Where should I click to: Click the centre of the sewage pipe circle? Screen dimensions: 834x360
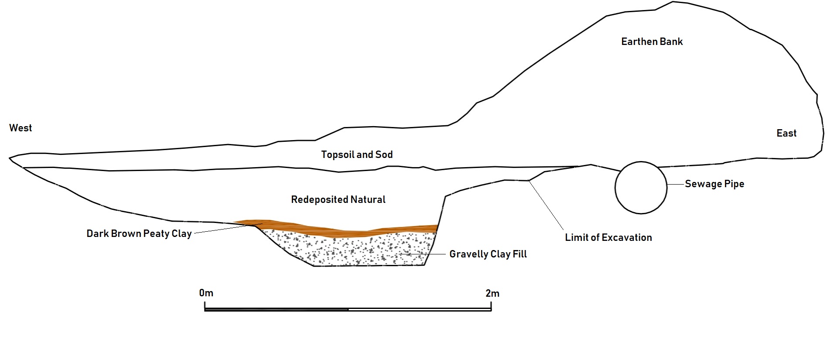tap(641, 188)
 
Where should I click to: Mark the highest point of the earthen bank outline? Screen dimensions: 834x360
tap(673, 2)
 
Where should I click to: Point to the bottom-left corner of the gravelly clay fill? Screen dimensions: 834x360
tap(314, 266)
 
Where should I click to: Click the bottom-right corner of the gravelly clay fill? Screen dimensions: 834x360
tap(424, 265)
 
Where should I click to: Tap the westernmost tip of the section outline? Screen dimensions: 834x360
tap(9, 158)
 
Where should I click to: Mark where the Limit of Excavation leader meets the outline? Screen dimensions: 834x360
tap(528, 180)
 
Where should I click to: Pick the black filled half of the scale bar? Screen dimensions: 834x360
tap(277, 309)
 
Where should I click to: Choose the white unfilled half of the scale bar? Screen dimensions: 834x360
tap(420, 309)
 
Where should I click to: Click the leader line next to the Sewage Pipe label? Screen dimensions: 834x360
tap(675, 185)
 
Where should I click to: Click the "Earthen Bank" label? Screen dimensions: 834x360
tap(652, 41)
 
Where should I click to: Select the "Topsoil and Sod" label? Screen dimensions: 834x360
tap(357, 154)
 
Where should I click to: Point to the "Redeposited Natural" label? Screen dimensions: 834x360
tap(338, 199)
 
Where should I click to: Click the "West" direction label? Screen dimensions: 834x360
tap(21, 128)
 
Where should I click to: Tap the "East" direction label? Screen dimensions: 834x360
tap(786, 133)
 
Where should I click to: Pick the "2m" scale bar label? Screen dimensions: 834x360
tap(492, 293)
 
